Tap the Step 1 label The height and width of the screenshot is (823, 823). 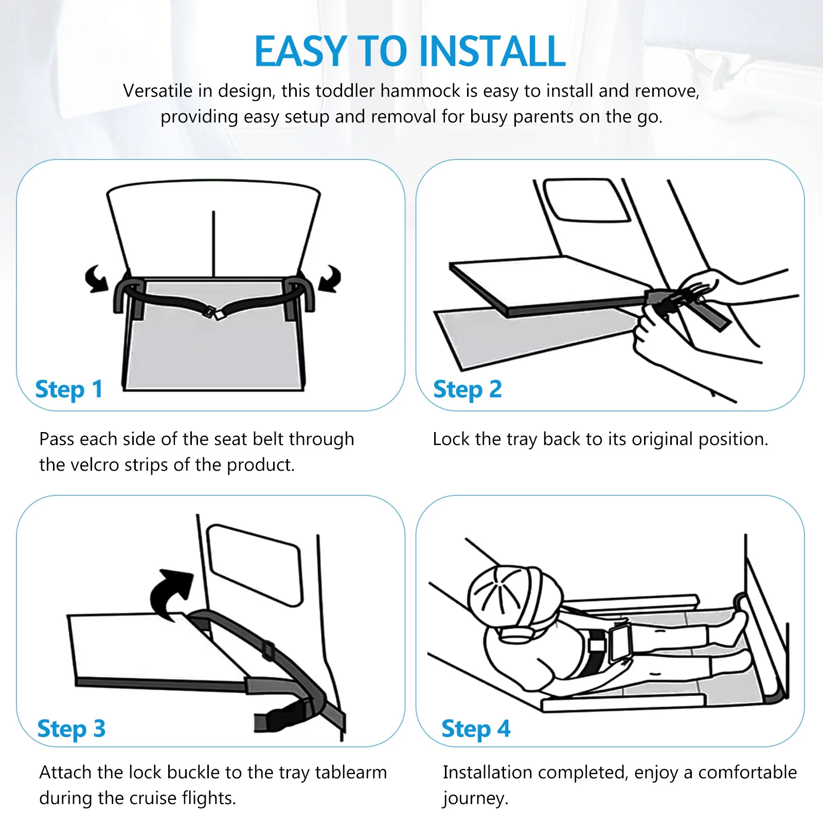(x=69, y=389)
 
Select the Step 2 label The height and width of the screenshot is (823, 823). (x=467, y=389)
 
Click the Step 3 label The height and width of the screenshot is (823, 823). (x=71, y=729)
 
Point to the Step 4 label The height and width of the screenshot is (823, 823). (x=476, y=729)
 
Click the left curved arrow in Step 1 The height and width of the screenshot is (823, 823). (x=97, y=279)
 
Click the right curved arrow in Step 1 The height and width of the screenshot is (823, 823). (x=330, y=279)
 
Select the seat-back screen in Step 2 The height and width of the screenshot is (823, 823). (x=586, y=200)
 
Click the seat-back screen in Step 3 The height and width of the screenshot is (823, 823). (x=255, y=565)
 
